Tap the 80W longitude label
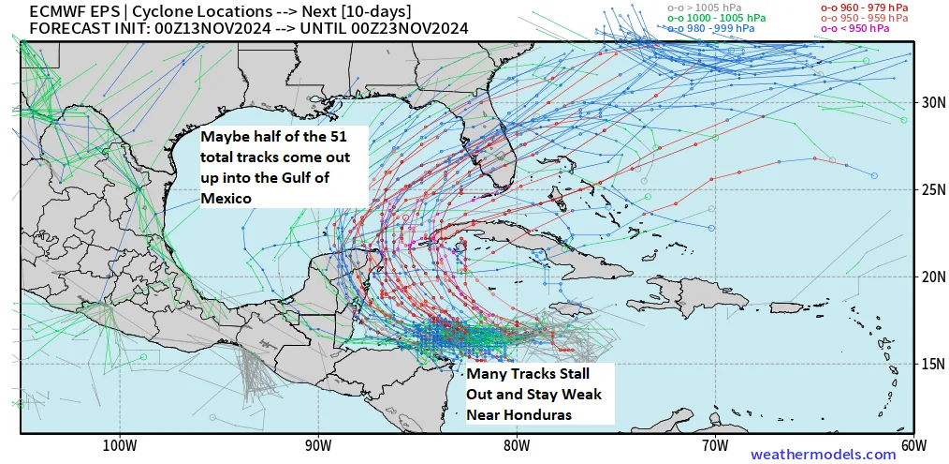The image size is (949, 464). pyautogui.click(x=516, y=444)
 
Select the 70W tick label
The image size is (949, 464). pyautogui.click(x=714, y=444)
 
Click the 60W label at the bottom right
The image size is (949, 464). pyautogui.click(x=912, y=444)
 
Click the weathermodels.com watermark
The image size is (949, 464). pyautogui.click(x=823, y=454)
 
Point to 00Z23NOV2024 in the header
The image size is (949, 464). pyautogui.click(x=417, y=28)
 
